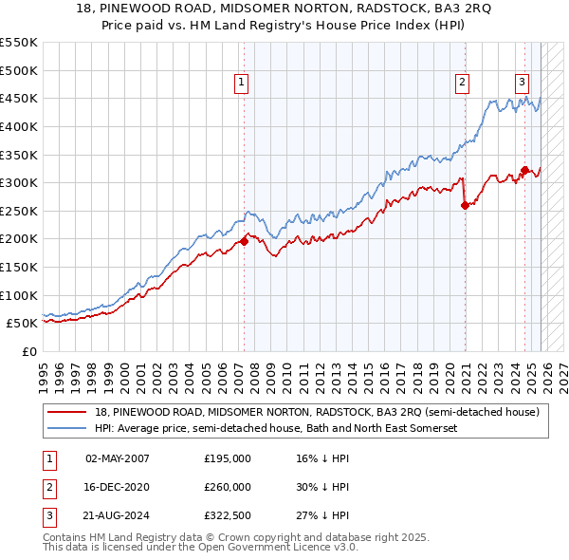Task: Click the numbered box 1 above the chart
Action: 243,83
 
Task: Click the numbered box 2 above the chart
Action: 462,83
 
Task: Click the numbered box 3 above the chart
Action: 523,83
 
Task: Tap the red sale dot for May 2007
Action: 244,241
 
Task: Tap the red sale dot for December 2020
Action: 465,205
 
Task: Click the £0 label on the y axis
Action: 29,351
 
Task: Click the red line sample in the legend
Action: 68,412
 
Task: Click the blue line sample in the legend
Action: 68,428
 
